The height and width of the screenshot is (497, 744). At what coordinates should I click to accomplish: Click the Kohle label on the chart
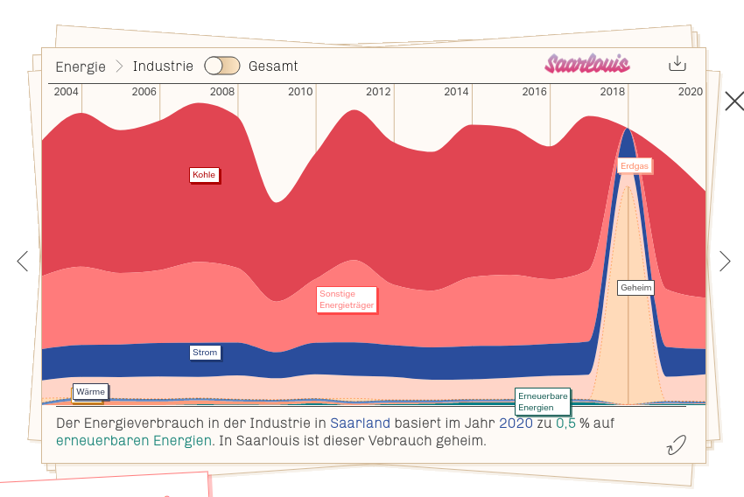tap(203, 175)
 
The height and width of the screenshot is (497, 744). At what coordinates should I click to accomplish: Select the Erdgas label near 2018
tap(635, 165)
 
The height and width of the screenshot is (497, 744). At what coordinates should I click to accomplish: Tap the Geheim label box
tap(635, 287)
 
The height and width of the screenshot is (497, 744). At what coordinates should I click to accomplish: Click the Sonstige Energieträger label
tap(346, 299)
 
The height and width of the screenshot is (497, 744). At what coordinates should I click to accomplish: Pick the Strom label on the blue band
tap(205, 353)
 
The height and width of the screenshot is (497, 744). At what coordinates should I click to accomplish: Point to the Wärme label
tap(90, 391)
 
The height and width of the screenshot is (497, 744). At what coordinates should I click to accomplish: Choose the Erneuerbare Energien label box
tap(543, 402)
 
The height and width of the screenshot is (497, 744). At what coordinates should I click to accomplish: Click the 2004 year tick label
tap(67, 92)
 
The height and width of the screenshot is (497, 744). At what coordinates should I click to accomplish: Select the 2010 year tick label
tap(300, 92)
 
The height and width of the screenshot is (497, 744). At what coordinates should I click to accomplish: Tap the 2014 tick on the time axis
tap(456, 92)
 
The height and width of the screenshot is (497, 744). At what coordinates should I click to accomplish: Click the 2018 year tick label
tap(612, 92)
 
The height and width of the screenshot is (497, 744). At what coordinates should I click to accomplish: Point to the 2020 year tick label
tap(690, 92)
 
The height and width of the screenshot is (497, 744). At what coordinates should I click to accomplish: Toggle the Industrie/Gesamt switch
tap(221, 66)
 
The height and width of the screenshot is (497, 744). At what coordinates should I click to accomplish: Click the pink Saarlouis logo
tap(586, 64)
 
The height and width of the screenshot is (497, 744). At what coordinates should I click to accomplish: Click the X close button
tap(733, 101)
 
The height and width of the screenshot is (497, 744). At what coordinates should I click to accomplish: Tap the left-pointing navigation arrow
tap(23, 261)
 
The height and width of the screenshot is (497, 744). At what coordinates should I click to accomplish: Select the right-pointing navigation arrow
tap(724, 261)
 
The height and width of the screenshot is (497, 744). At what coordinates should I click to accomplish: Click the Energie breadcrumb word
tap(80, 66)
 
